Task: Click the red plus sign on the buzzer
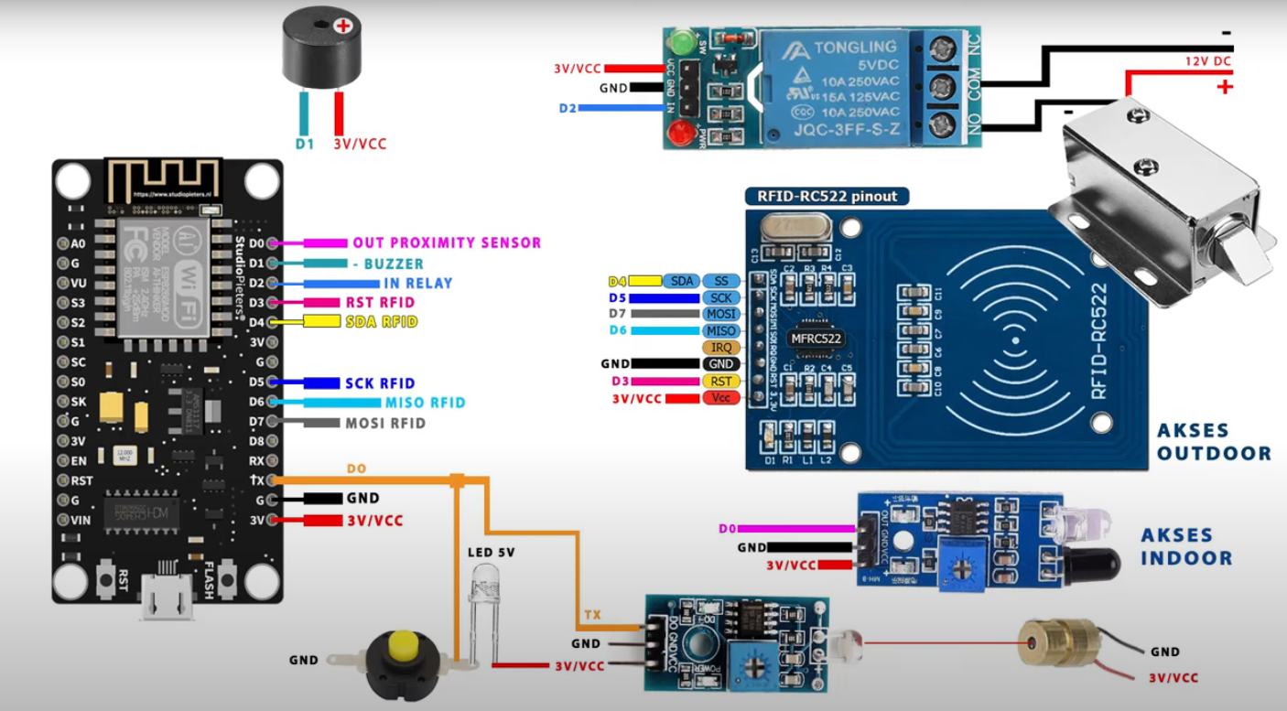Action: tap(343, 26)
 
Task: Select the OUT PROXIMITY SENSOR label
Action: tap(447, 242)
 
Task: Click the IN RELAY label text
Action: tap(417, 284)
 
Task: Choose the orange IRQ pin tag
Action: tap(720, 348)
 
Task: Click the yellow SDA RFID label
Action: tap(381, 322)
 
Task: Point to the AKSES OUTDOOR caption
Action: tap(1214, 442)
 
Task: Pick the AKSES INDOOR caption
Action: tap(1187, 546)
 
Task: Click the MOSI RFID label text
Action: tap(385, 423)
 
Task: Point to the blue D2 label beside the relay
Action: tap(568, 108)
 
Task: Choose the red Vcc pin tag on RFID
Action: tap(720, 398)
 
